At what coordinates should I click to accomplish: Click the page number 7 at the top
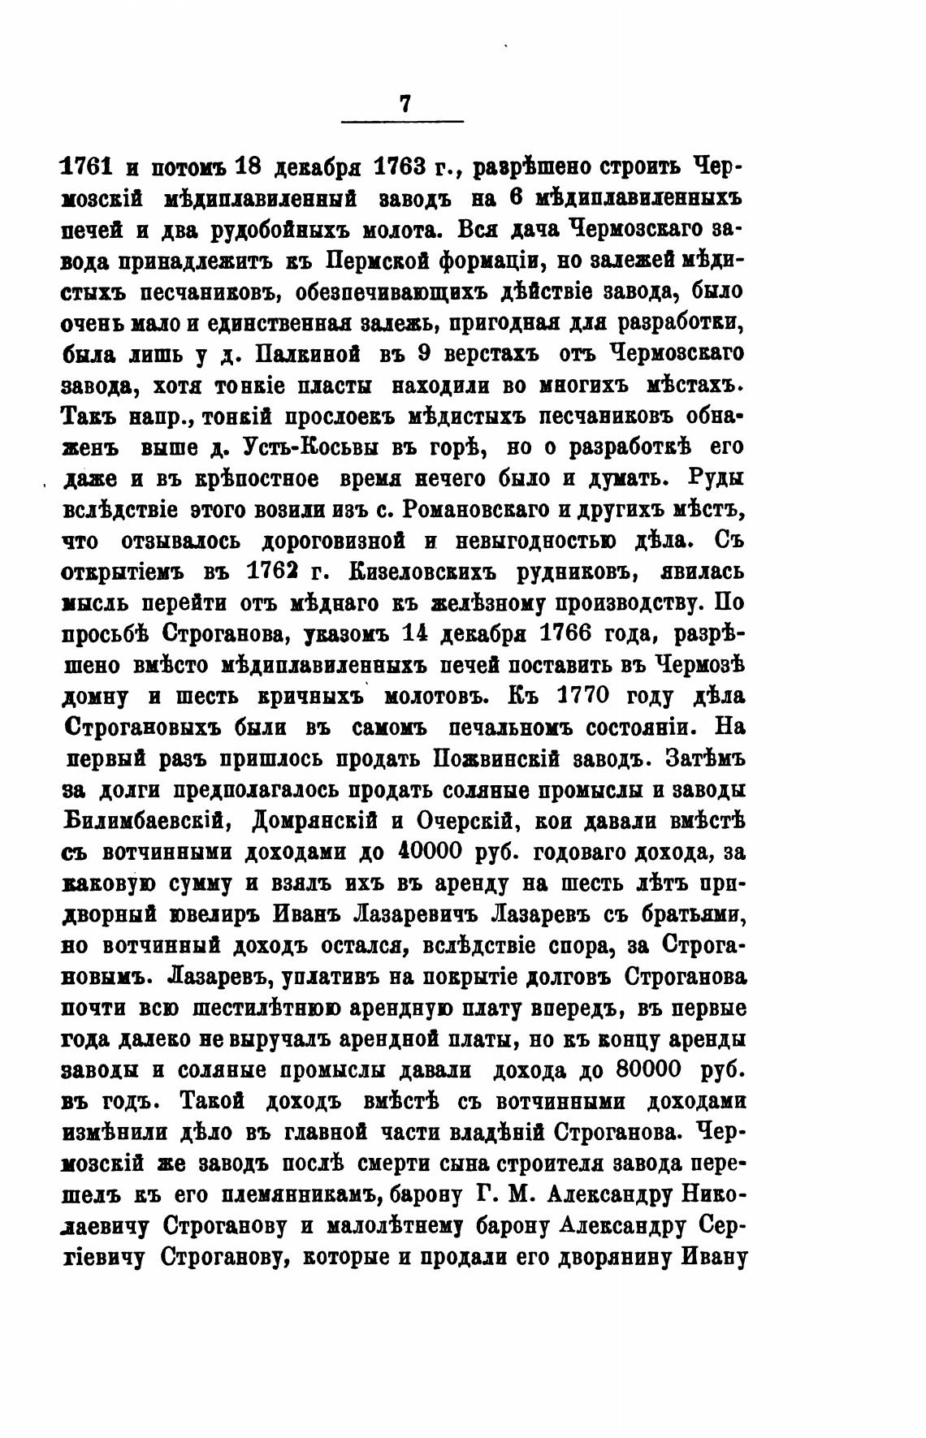404,104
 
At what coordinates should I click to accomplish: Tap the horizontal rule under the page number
402,122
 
